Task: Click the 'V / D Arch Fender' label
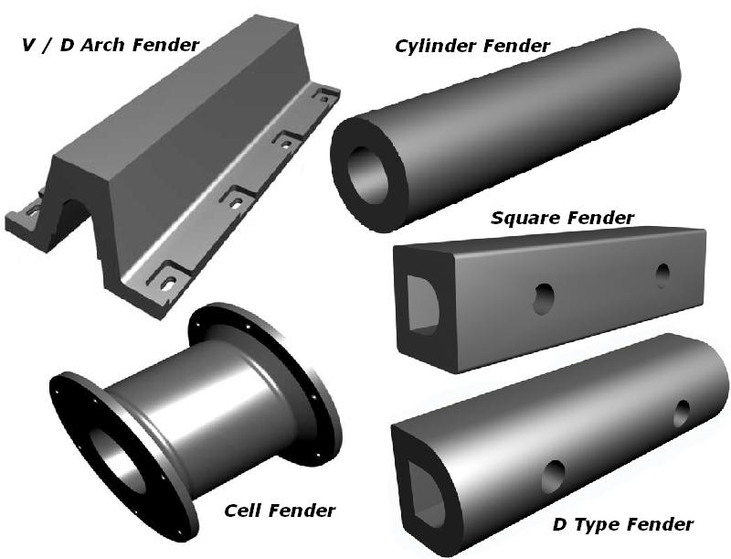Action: (x=111, y=45)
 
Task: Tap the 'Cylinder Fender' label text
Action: (x=472, y=46)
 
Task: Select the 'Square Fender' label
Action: (x=562, y=218)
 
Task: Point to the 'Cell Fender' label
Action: (x=280, y=511)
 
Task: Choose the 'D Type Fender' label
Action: (x=623, y=524)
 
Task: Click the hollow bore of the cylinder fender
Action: (x=368, y=175)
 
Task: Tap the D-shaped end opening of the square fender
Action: (x=422, y=306)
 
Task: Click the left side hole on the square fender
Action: (x=544, y=298)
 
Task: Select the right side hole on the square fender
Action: (x=662, y=275)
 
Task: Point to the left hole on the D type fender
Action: (x=554, y=477)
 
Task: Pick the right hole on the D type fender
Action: (x=682, y=413)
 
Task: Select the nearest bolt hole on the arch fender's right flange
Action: (x=169, y=283)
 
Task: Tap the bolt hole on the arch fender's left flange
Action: (x=34, y=212)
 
